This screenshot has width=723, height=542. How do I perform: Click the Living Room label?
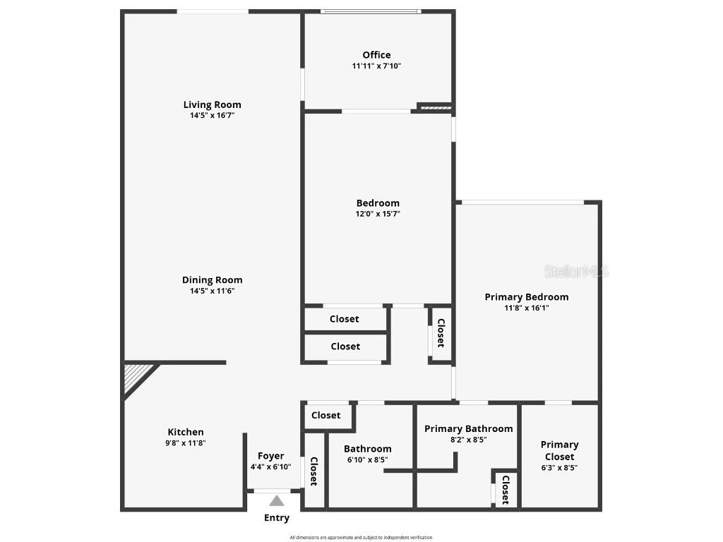coord(212,105)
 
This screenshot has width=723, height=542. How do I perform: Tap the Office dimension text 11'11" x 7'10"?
coord(376,66)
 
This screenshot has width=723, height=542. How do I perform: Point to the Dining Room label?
coord(212,280)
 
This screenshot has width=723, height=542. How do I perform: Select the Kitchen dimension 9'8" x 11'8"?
coord(186,443)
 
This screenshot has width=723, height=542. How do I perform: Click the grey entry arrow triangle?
coord(277,501)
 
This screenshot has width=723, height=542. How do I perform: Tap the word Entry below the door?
coord(277,518)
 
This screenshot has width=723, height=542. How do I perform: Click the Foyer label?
coord(270,456)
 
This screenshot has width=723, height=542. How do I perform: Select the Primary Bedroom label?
coord(526,297)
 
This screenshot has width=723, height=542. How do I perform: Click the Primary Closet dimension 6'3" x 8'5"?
coord(559,467)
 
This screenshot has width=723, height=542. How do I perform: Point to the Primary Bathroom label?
coord(468,428)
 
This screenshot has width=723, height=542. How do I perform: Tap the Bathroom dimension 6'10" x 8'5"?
coord(367,460)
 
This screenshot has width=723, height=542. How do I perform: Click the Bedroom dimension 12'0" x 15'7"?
coord(378,214)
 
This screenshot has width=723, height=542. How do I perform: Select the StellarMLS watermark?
coord(576,271)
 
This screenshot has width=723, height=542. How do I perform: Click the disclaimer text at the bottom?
coord(361,538)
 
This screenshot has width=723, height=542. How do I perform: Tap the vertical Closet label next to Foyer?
coord(313,471)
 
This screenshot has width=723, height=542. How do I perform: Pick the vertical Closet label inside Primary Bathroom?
coord(506,490)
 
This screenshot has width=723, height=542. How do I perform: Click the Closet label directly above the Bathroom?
coord(326,416)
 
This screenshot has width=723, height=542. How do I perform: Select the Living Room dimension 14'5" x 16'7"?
coord(212,116)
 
